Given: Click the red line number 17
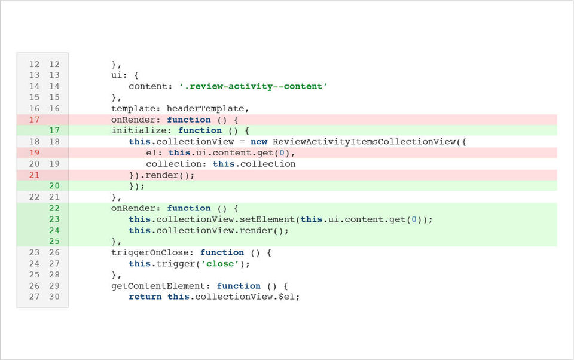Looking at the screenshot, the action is coord(35,120).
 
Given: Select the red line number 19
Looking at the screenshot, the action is coord(35,152).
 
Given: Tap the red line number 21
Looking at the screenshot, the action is coord(35,175).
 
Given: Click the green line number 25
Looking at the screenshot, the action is coord(54,242).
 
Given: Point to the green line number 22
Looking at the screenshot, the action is coord(54,208).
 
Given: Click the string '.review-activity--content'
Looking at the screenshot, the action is coord(254,87).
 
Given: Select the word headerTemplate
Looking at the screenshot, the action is coord(205,109).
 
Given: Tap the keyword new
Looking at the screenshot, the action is coord(259,142).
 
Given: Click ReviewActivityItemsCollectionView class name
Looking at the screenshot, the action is coord(364,142).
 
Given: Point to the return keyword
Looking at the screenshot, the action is coord(145,297).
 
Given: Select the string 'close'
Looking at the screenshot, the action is coord(220,264).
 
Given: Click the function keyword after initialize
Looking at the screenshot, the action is coord(200,131).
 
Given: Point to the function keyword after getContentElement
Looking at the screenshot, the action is coord(239,286).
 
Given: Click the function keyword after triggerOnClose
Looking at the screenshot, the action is coord(222,253).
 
